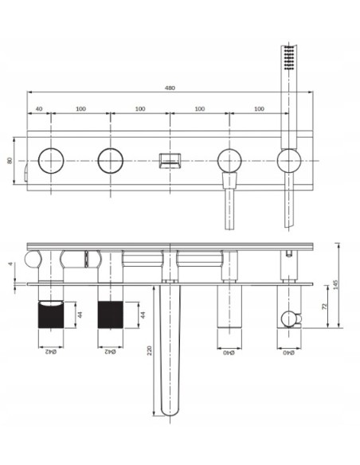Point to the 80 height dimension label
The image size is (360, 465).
(10, 160)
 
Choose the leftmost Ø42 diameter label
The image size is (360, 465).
(51, 351)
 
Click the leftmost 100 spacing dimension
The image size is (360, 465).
(80, 108)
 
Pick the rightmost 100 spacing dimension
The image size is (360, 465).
(260, 108)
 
